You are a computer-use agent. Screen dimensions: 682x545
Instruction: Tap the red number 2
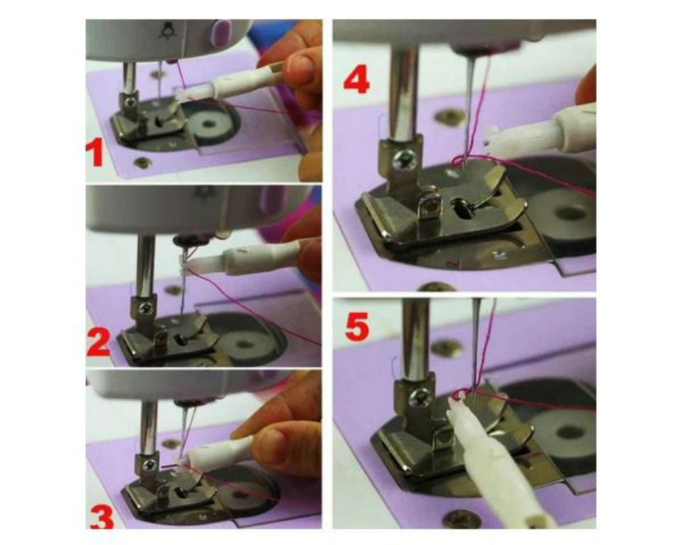point(99,343)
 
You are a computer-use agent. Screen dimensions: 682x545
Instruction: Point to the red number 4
point(357,82)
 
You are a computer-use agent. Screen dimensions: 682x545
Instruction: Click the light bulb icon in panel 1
point(166,31)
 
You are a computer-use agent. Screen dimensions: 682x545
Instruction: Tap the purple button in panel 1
point(218,32)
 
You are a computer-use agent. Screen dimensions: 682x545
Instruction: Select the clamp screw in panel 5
point(420,397)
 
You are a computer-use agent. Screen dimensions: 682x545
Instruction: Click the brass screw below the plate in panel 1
point(142,163)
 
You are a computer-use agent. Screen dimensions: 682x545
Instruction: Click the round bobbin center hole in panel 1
point(209,124)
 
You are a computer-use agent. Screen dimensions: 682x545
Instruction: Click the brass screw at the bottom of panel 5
point(456,517)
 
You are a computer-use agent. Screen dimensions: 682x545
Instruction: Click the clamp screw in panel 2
point(146,308)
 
